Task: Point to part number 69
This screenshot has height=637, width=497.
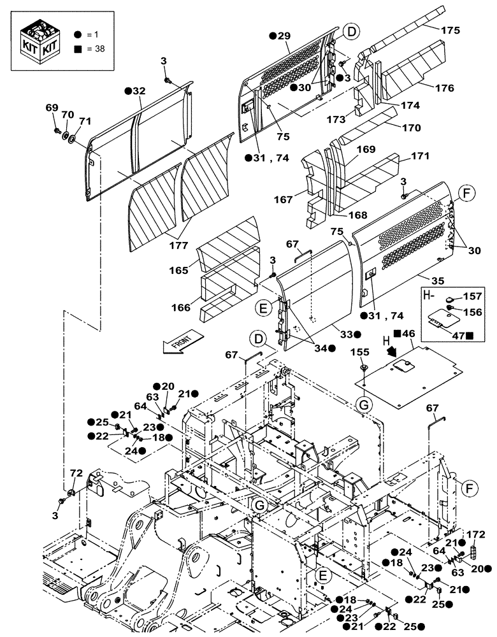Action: (x=51, y=108)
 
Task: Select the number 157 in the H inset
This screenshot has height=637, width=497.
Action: (x=473, y=296)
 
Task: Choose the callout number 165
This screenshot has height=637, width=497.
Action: (x=179, y=271)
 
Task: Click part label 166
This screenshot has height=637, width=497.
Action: (x=182, y=308)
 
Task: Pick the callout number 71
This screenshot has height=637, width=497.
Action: (x=84, y=120)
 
